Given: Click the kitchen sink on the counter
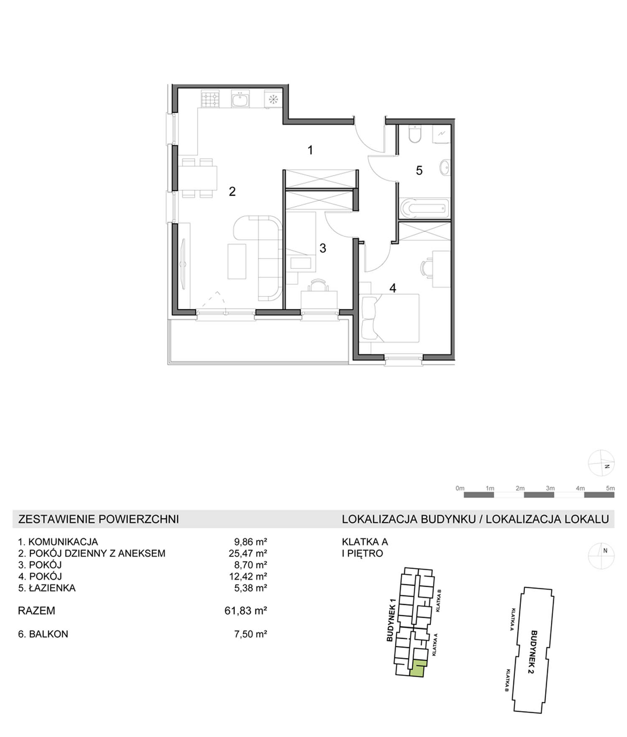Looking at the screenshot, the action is click(240, 99).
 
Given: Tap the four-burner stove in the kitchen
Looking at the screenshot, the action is click(210, 99).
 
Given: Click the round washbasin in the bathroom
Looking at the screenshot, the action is click(444, 168).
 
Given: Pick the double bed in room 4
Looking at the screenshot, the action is click(390, 318).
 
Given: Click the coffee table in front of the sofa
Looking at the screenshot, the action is click(237, 261).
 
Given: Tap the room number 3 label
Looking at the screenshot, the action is click(323, 248).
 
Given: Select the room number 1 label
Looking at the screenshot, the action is click(310, 150).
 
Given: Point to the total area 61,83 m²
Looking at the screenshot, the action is click(246, 611).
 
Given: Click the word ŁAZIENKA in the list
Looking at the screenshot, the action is click(52, 588).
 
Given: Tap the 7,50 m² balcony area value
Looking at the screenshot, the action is click(250, 634).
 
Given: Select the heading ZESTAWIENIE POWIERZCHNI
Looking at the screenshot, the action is click(99, 519).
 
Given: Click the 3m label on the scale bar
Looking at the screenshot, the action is click(550, 488).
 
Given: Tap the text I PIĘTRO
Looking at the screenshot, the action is click(362, 553).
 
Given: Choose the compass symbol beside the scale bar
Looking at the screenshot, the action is click(601, 463).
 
